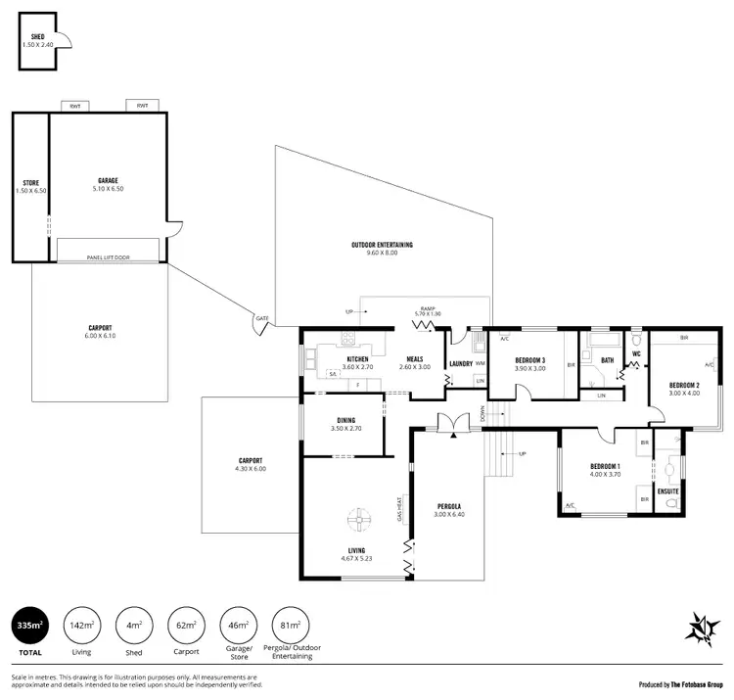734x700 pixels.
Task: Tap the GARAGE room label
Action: pos(108,180)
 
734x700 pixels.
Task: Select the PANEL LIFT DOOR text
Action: pos(108,257)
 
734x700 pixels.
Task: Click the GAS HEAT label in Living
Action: pos(400,511)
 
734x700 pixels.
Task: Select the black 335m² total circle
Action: pos(29,625)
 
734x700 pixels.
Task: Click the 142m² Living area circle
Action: pos(80,625)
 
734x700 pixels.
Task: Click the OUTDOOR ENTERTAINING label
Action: pos(382,244)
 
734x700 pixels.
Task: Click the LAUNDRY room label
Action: pos(461,364)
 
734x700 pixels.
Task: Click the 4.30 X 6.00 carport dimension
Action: pos(252,468)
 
